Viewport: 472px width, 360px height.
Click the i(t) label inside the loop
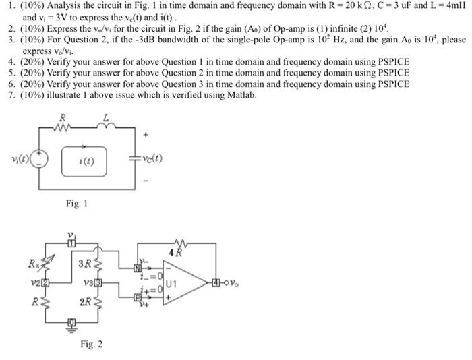pos(86,160)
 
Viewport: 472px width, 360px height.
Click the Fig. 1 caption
pos(76,203)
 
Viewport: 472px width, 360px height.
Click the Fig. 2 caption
pos(91,344)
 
